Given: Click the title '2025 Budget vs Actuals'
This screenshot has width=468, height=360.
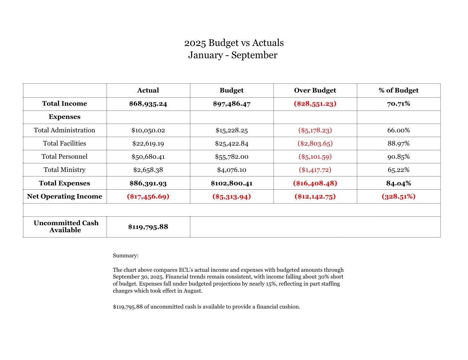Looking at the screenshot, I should [234, 43].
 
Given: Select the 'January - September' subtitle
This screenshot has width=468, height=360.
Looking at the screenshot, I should [233, 55].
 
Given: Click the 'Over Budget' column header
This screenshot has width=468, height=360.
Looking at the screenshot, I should [315, 90].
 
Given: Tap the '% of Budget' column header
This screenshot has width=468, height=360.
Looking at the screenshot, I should [398, 90].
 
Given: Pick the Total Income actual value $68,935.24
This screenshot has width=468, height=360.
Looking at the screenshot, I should [148, 104].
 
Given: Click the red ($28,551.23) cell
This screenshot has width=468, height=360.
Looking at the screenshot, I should [315, 104].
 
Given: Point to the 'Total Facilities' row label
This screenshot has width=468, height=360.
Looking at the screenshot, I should [65, 143].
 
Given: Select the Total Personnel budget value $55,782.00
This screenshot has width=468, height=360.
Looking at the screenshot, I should [231, 157].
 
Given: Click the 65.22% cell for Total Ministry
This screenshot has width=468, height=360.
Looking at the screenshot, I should [398, 170].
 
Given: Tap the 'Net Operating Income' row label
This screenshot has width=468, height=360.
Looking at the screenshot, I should [65, 196].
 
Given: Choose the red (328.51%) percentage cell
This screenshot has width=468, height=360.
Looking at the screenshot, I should [398, 196].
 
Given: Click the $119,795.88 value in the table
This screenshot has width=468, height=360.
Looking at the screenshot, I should [148, 227].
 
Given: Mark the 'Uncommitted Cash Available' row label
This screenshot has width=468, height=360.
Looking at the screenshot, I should [66, 227].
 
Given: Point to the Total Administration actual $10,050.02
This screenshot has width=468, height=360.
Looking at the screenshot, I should [148, 130].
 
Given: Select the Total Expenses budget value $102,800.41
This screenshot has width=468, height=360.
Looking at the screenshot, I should [231, 183].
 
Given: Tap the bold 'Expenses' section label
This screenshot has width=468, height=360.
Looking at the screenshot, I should [65, 117].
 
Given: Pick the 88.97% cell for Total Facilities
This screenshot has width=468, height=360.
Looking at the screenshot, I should [398, 143].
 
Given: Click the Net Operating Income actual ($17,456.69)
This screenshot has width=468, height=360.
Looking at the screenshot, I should [148, 196].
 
